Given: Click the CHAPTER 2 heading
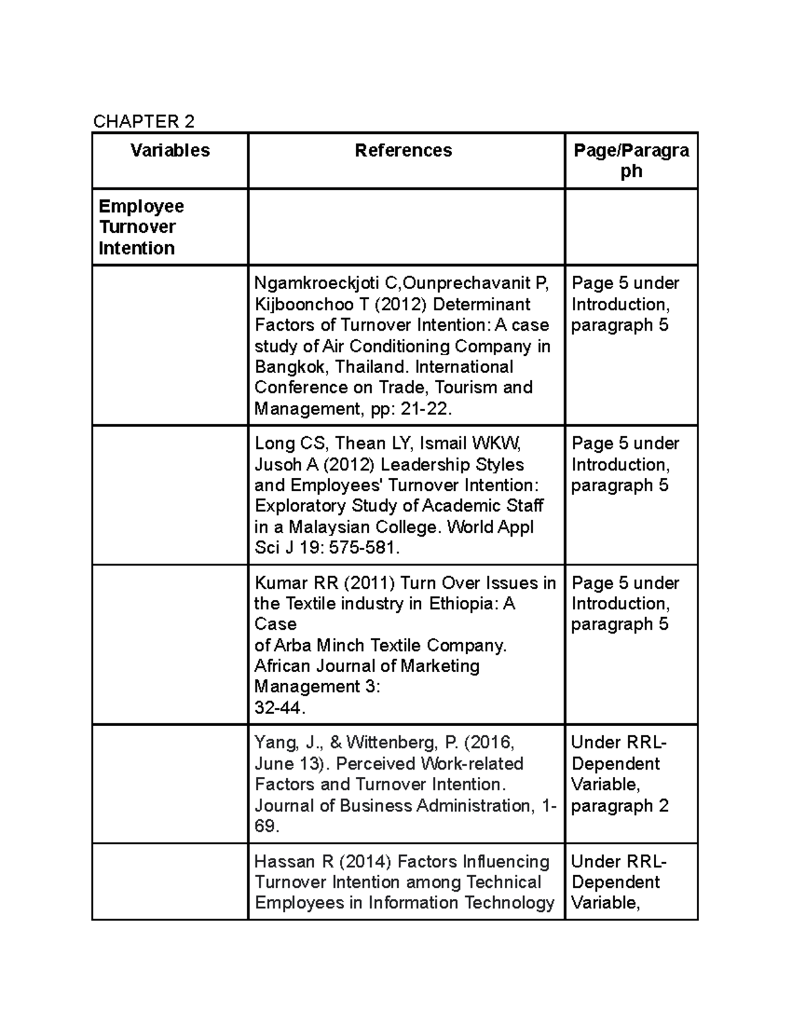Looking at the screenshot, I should (144, 121).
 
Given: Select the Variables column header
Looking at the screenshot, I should (170, 150).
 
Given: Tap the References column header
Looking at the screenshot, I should (403, 150).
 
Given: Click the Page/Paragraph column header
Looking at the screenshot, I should (631, 160).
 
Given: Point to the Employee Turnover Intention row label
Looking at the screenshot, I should (141, 227).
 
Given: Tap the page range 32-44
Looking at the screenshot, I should (280, 708).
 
